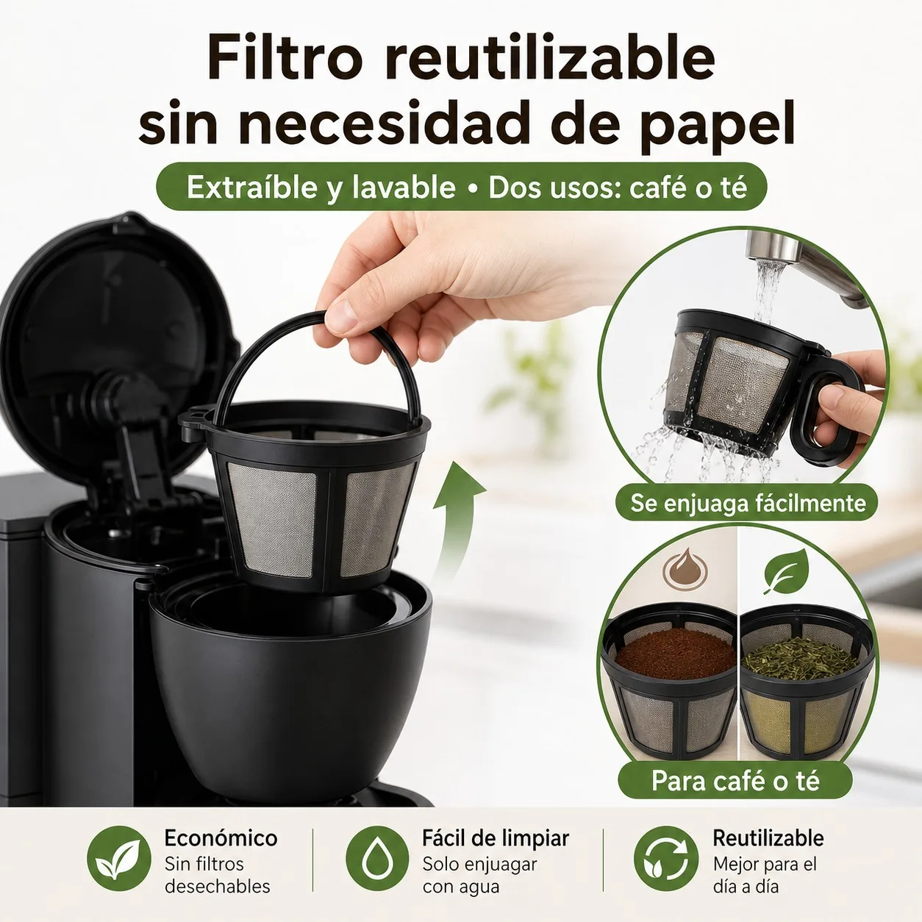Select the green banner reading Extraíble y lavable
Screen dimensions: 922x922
pos(461,187)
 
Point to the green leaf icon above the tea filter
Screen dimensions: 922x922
pos(786,571)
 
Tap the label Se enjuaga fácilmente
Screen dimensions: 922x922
pos(748,503)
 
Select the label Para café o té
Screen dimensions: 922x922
pos(735,781)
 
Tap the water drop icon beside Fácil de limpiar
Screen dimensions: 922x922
pos(377,858)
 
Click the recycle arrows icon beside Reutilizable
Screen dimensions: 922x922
pos(665,858)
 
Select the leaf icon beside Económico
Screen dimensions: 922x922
pos(118,858)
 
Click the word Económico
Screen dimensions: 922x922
pos(221,838)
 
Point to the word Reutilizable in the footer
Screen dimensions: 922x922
pos(768,838)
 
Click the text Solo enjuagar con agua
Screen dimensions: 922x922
pos(479,875)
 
